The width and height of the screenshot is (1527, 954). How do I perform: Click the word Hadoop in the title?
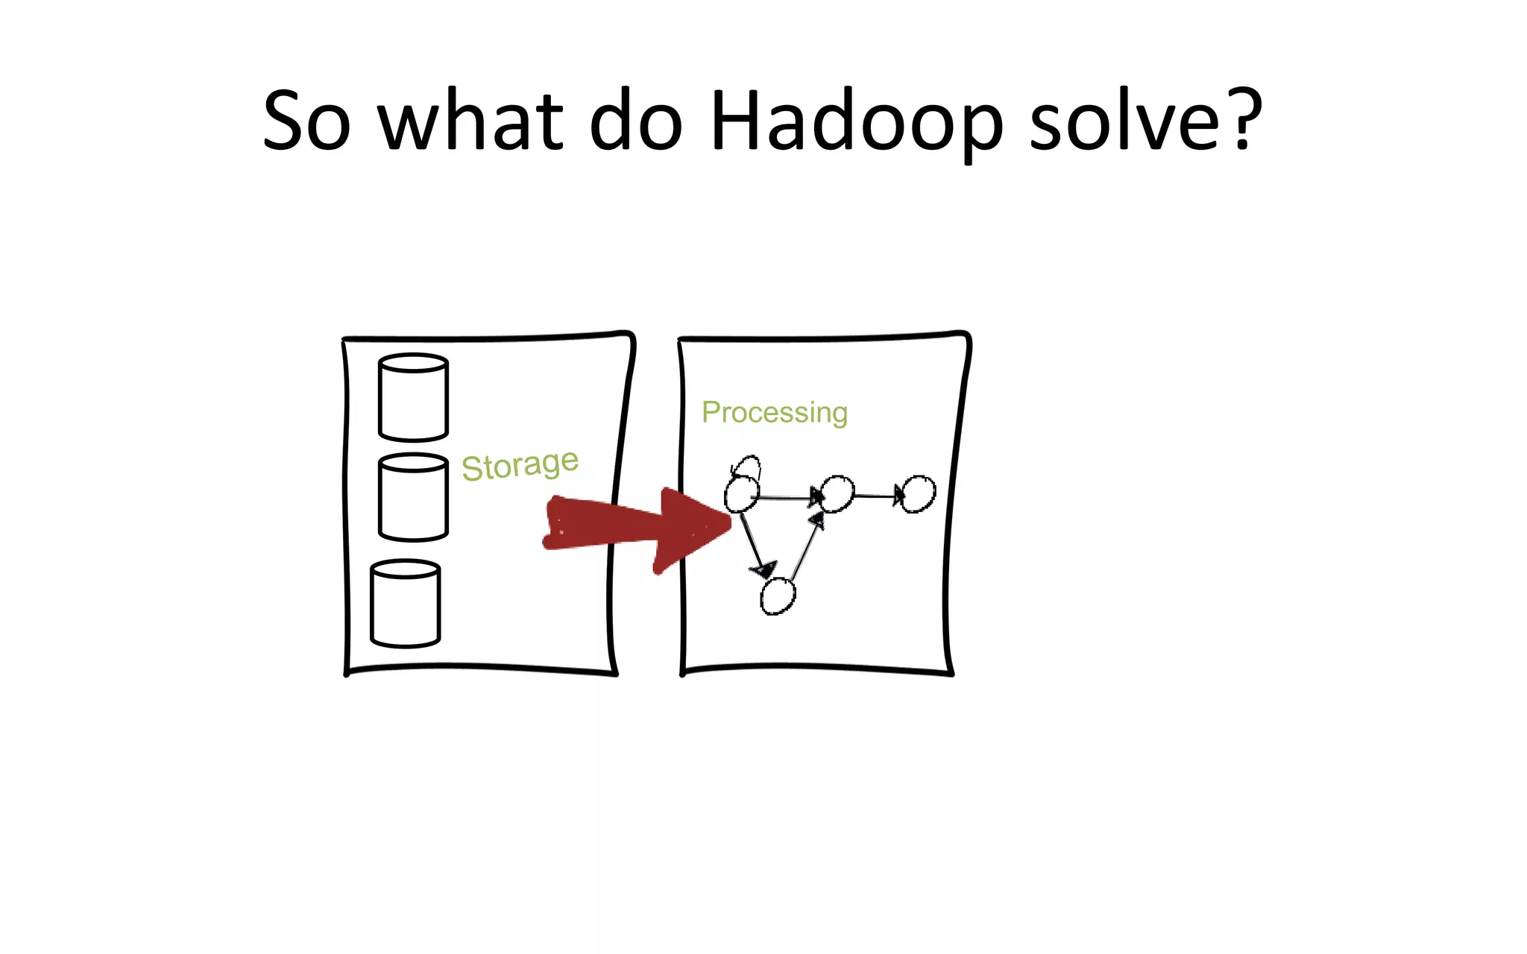(x=856, y=121)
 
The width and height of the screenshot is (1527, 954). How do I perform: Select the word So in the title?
(x=306, y=121)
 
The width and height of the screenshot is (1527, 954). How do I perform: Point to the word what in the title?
(x=470, y=121)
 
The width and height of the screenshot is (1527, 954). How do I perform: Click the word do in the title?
(x=635, y=121)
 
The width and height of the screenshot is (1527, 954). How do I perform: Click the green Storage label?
(x=520, y=465)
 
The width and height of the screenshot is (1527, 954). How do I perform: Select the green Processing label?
(x=774, y=412)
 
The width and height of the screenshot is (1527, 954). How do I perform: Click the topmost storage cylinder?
(x=413, y=397)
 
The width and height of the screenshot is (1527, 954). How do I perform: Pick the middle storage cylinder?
(x=413, y=497)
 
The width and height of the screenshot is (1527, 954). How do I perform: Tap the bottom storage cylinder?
(x=405, y=604)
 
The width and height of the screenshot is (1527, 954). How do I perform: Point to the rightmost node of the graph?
(x=919, y=493)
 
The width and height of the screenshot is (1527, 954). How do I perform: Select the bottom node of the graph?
(x=778, y=596)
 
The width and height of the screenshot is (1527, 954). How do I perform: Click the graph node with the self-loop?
(x=741, y=494)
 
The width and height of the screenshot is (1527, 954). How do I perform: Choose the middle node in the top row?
(x=837, y=493)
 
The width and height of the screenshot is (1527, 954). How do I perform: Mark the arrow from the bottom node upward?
(x=807, y=544)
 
